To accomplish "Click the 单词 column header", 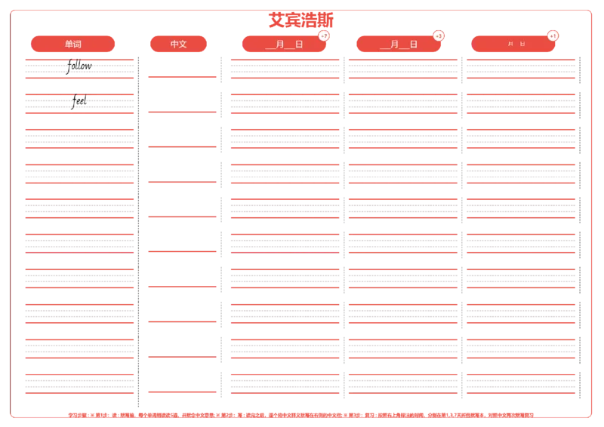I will point(73,44).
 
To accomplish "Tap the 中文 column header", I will point(179,44).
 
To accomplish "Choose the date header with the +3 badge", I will point(399,44).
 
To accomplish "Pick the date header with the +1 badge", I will point(513,44).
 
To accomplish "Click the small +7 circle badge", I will point(324,35).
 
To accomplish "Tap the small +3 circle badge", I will point(439,35).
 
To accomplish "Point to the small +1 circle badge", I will point(553,35).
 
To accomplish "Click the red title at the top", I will point(300,20).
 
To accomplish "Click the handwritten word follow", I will point(79,66).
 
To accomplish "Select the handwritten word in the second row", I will point(79,100).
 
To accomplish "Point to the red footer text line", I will point(302,414).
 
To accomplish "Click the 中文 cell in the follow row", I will point(181,65).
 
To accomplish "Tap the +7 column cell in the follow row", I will point(285,68).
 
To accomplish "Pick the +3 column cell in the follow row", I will point(403,68).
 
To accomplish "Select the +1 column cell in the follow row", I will point(520,68).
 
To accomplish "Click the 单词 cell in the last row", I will point(79,383).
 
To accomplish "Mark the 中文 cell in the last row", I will point(181,377).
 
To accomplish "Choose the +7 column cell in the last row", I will point(285,383).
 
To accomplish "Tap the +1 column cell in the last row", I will point(520,383).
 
